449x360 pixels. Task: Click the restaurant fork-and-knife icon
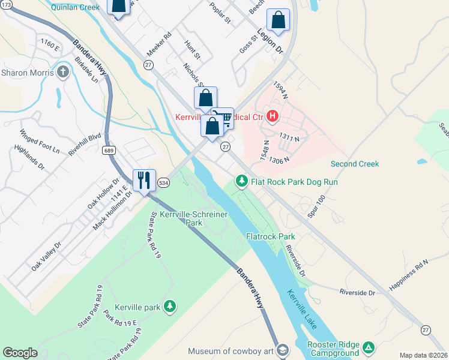(x=144, y=180)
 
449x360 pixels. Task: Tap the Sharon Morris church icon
(x=63, y=73)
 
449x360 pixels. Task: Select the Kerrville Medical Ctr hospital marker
(x=273, y=116)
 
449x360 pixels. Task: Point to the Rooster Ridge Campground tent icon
(x=369, y=347)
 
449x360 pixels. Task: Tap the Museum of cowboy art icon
(x=283, y=350)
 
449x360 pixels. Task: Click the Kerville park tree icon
(x=170, y=307)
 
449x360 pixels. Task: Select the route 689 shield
(x=108, y=149)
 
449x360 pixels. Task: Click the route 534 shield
(x=163, y=182)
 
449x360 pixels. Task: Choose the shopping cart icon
(x=224, y=118)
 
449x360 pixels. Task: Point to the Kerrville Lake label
(x=299, y=310)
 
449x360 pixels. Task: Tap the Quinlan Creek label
(x=74, y=8)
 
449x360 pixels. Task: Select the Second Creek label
(x=355, y=164)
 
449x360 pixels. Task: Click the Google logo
(x=20, y=353)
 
